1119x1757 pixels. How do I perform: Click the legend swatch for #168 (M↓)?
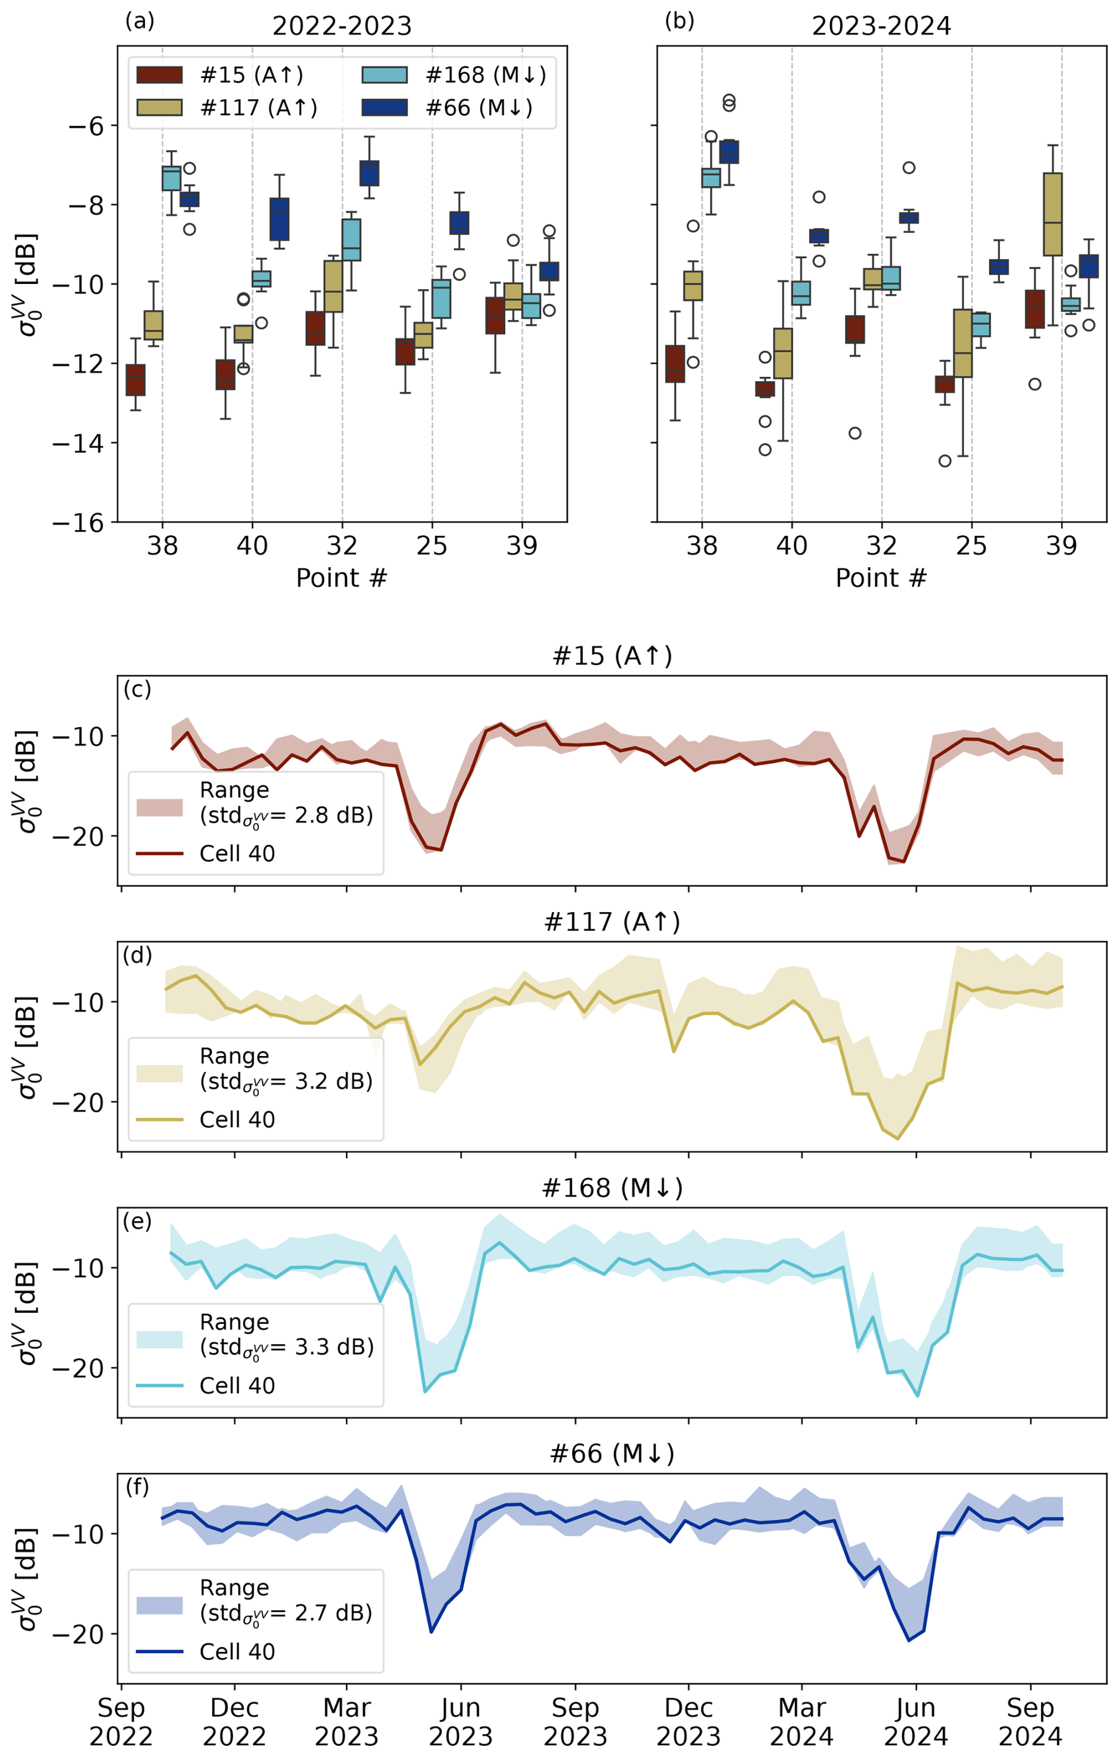tap(384, 75)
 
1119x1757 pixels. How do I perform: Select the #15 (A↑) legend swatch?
tap(159, 75)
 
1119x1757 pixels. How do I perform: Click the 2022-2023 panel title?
tap(341, 26)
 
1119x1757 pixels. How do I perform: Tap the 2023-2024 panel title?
tap(881, 26)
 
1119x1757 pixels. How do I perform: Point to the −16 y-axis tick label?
tap(78, 523)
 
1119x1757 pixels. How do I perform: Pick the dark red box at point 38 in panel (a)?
tap(135, 380)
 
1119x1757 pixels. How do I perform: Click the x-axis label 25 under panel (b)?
tap(971, 546)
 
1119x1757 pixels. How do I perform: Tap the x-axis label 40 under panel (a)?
tap(253, 546)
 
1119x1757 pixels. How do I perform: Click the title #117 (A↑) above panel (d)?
tap(612, 922)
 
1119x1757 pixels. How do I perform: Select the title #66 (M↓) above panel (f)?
tap(612, 1454)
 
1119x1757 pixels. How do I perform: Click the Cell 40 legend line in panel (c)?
tap(159, 853)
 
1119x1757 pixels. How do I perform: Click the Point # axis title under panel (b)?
tap(881, 578)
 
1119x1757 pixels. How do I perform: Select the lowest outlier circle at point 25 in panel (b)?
tap(945, 461)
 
